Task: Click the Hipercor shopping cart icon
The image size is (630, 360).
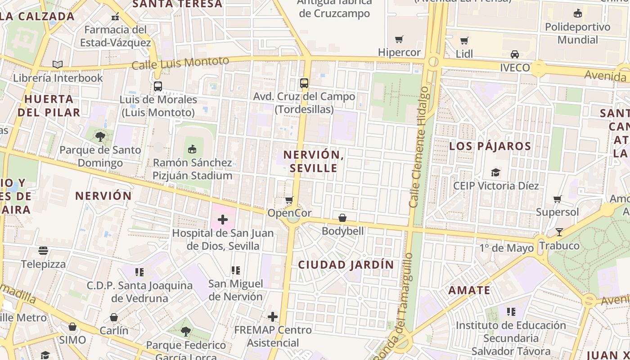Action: pyautogui.click(x=399, y=40)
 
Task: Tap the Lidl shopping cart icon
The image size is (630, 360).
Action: pyautogui.click(x=464, y=41)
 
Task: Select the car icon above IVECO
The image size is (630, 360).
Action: pyautogui.click(x=515, y=54)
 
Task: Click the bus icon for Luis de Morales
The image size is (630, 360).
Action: pyautogui.click(x=157, y=86)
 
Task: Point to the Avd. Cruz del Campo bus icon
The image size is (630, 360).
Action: pyautogui.click(x=304, y=83)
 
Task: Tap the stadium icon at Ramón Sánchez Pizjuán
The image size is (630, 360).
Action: pyautogui.click(x=192, y=149)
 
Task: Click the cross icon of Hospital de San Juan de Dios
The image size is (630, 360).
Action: pyautogui.click(x=223, y=220)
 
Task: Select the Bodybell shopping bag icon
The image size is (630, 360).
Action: pyautogui.click(x=342, y=218)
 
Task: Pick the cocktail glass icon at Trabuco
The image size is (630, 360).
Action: pyautogui.click(x=559, y=232)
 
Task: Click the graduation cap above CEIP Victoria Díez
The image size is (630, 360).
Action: pyautogui.click(x=495, y=172)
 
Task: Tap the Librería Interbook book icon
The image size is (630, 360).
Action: pyautogui.click(x=58, y=65)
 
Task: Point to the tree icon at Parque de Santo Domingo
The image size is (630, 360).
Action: pyautogui.click(x=100, y=136)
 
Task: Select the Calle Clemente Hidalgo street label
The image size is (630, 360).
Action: pyautogui.click(x=419, y=147)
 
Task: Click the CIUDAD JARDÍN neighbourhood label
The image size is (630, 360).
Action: pyautogui.click(x=346, y=265)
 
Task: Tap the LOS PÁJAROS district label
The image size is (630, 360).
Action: pyautogui.click(x=490, y=146)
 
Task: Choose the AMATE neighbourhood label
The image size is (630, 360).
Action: pyautogui.click(x=469, y=290)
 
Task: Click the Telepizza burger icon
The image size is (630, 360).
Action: pyautogui.click(x=43, y=250)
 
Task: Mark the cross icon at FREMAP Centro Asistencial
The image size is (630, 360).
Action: pyautogui.click(x=273, y=317)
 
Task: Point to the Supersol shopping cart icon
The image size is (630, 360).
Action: pyautogui.click(x=557, y=199)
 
